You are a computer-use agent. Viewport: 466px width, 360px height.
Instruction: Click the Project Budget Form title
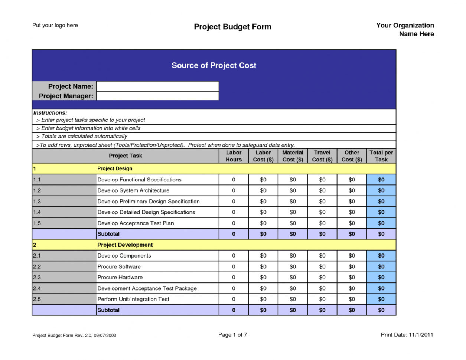click(232, 27)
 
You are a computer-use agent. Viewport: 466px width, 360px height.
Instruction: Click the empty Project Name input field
click(157, 86)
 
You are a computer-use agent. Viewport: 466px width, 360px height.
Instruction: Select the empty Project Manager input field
click(157, 96)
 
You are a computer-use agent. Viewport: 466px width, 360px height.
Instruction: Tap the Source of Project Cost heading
click(214, 65)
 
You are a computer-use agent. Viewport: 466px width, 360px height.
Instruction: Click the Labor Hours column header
click(234, 156)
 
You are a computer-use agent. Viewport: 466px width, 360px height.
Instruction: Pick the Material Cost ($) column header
click(293, 156)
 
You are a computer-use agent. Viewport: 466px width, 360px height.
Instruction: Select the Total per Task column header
click(381, 156)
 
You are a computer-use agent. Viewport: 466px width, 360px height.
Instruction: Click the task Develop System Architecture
click(133, 190)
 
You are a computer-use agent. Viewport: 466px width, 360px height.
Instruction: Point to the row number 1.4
click(37, 212)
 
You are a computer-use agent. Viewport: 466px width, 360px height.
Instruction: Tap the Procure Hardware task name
click(120, 277)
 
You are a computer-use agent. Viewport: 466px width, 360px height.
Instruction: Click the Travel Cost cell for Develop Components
click(322, 256)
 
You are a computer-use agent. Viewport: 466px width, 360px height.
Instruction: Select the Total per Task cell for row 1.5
click(381, 223)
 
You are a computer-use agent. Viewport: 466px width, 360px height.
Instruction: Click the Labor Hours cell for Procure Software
click(234, 266)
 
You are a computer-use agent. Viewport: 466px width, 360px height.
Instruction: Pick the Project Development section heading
click(125, 245)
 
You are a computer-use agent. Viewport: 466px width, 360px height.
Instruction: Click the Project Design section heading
click(115, 168)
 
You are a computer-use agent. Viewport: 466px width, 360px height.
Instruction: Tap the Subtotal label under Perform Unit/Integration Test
click(108, 310)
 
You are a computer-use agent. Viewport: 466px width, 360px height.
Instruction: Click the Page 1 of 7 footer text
click(232, 334)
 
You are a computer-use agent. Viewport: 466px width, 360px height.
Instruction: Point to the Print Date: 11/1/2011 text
click(407, 334)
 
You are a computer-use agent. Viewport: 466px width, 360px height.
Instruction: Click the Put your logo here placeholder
click(55, 25)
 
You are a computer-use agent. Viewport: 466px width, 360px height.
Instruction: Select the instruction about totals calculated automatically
click(84, 136)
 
